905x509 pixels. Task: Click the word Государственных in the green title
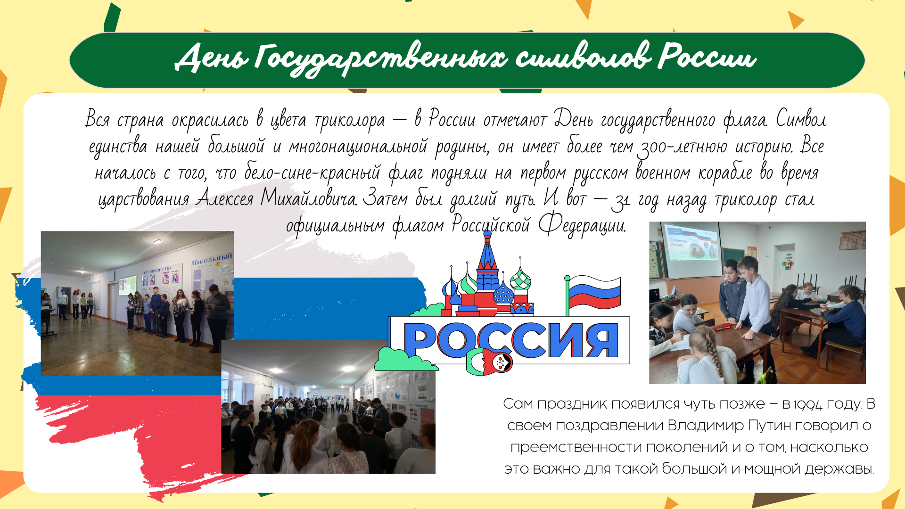point(382,59)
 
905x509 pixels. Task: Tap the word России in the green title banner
point(707,57)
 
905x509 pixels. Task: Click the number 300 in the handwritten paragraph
point(651,148)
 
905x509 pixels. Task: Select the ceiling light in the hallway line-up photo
point(157,241)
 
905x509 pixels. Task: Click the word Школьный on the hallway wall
point(213,258)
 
